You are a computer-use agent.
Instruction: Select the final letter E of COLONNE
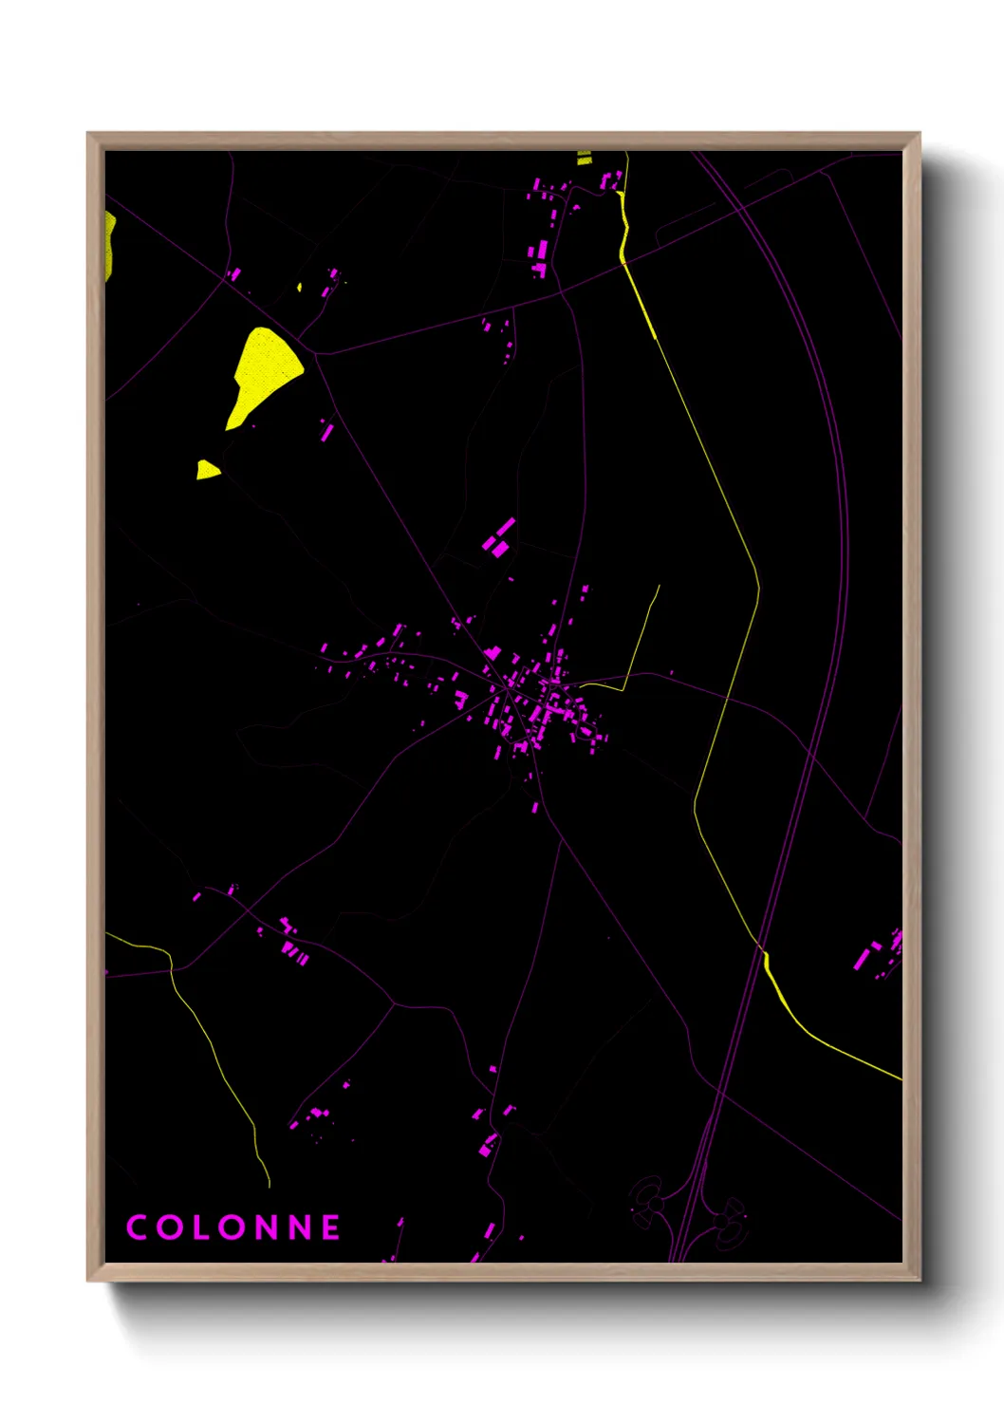[x=330, y=1227]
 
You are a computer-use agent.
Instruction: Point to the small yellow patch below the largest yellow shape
[x=207, y=470]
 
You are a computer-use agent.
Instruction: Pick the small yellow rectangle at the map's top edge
[x=585, y=158]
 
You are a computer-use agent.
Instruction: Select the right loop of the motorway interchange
[x=731, y=1219]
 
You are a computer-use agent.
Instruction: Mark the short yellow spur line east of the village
[x=641, y=636]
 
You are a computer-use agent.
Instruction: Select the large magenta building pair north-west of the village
[x=498, y=537]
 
